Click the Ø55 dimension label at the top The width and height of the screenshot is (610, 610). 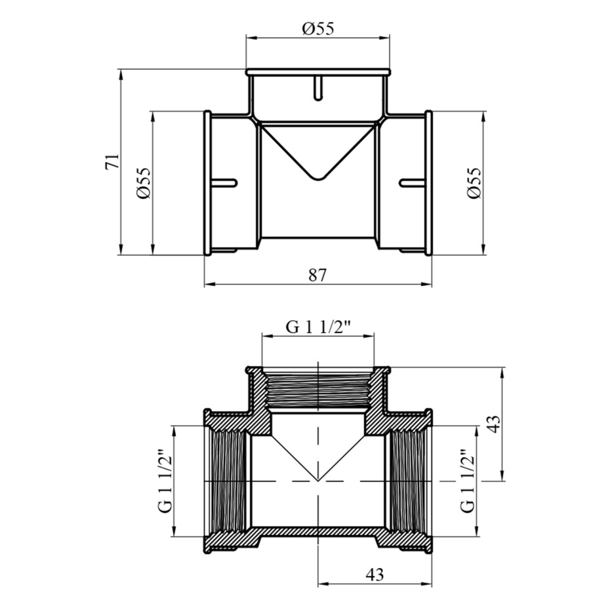(x=318, y=28)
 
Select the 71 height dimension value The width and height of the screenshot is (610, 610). (x=112, y=162)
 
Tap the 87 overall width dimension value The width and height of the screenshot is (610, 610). (x=318, y=275)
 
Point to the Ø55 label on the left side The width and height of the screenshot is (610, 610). (x=143, y=183)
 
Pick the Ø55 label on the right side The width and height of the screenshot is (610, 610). (x=474, y=183)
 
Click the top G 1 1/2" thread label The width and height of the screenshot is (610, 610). (x=318, y=327)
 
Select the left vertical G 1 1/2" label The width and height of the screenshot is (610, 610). (x=165, y=481)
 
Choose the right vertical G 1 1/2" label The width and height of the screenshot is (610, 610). (x=467, y=481)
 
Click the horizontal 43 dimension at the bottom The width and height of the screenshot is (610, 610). (x=375, y=575)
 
